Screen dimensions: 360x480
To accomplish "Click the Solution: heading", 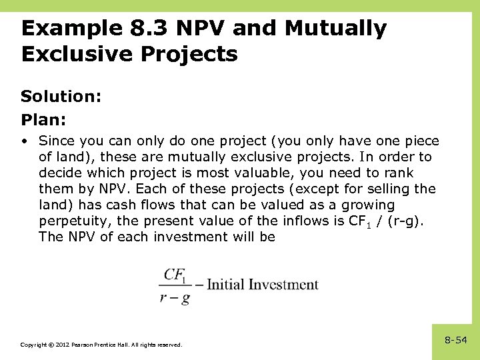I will [x=61, y=97].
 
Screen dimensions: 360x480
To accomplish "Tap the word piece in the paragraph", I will [x=419, y=141].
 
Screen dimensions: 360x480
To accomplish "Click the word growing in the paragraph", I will [x=371, y=205].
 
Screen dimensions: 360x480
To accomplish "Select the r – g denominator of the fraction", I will [x=175, y=298].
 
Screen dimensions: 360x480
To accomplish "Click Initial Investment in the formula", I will [x=262, y=285].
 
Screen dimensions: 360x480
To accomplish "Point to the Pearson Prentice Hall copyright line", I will [x=101, y=345].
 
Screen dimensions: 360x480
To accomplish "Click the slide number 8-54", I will [x=456, y=341].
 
